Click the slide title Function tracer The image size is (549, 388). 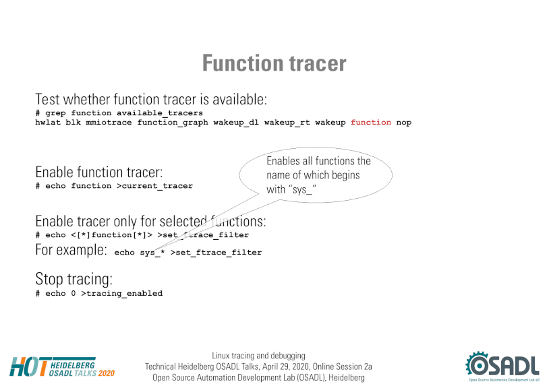click(x=274, y=63)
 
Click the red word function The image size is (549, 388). click(x=371, y=123)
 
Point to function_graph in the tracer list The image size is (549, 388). click(x=173, y=123)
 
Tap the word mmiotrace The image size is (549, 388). click(x=109, y=123)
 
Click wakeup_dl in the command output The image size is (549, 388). click(x=236, y=123)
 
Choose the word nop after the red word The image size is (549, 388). click(x=404, y=123)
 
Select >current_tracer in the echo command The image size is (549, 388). click(x=154, y=186)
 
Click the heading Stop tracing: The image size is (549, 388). click(x=74, y=279)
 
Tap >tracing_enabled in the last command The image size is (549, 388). click(x=122, y=293)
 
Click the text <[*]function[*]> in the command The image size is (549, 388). click(x=112, y=235)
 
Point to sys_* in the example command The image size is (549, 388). click(x=152, y=253)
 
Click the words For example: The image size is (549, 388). click(x=71, y=250)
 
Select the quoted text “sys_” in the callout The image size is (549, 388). click(x=301, y=189)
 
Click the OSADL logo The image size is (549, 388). click(x=502, y=366)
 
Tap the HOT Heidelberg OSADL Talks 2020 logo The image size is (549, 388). click(x=62, y=366)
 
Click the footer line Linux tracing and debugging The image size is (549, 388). click(x=258, y=356)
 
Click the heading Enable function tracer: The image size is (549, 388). click(x=99, y=172)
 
